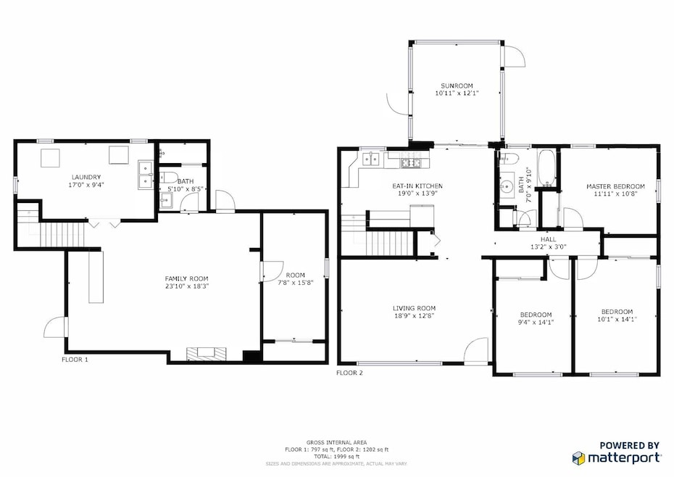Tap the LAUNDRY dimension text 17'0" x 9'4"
[x=86, y=185]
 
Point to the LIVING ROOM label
[x=415, y=308]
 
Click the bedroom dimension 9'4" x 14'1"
[x=536, y=323]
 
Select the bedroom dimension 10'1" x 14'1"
[x=617, y=319]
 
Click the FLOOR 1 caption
[x=75, y=358]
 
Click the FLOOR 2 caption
[x=349, y=373]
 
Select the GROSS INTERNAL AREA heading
[x=336, y=442]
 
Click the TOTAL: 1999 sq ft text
[x=336, y=457]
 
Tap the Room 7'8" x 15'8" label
[x=294, y=279]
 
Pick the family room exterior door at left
[x=55, y=328]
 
